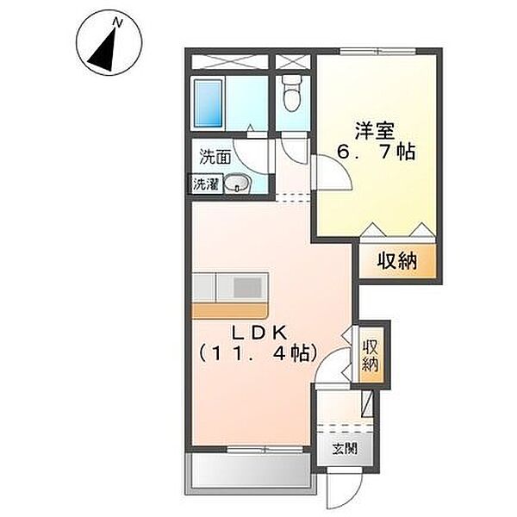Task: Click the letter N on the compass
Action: coord(118,22)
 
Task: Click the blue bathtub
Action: coord(208,103)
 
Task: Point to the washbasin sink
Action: coord(238,184)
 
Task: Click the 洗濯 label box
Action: coord(206,184)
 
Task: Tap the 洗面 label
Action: coord(215,158)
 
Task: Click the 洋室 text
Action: coord(375,131)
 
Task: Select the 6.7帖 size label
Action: coord(376,153)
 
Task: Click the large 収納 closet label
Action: coord(397,260)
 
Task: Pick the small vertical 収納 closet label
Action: coord(371,356)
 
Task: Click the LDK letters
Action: coord(259,333)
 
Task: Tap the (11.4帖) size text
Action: coord(258,353)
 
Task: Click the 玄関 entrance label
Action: coord(345,448)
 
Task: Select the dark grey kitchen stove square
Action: coord(247,288)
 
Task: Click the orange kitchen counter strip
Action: coord(230,311)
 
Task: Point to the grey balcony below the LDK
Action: coord(251,473)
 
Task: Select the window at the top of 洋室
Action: coord(377,51)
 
